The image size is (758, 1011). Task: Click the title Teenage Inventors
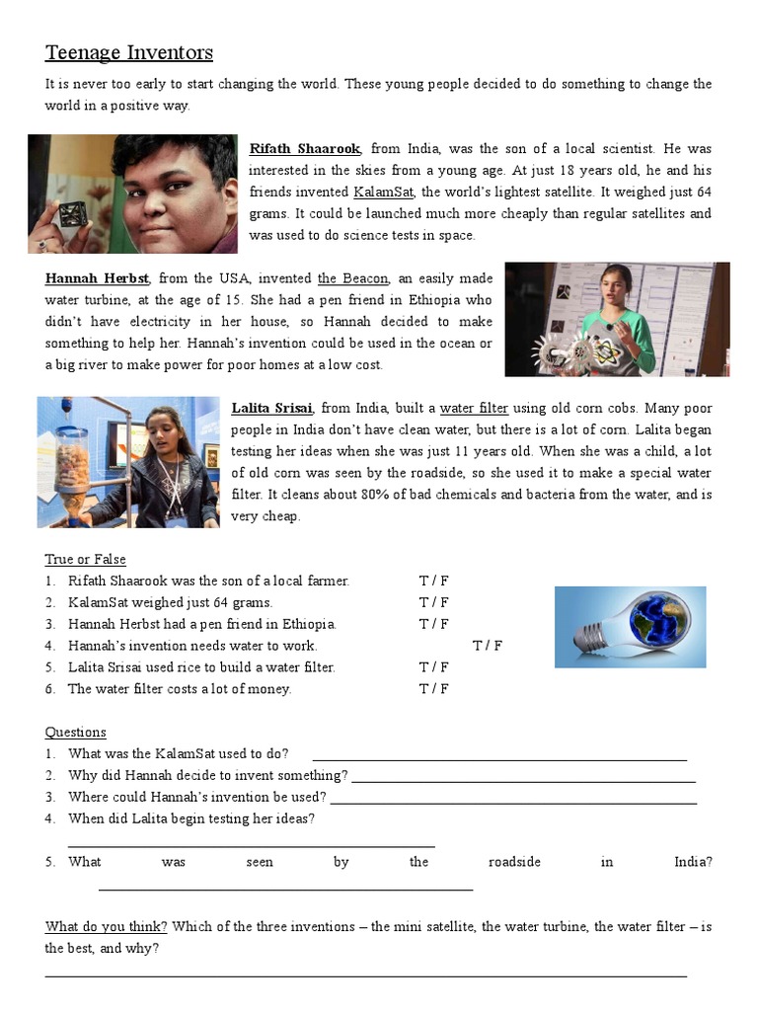128,52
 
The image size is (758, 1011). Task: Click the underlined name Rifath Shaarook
305,149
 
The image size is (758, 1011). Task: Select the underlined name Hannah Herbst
97,279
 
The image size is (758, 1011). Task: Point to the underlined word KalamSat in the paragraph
385,193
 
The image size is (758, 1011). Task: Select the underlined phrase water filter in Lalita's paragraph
474,409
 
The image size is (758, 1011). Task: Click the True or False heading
85,560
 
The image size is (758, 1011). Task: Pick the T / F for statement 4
488,646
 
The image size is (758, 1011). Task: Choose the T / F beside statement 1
433,582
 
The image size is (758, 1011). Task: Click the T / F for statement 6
433,689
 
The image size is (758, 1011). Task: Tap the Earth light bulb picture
630,627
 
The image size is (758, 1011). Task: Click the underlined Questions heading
75,733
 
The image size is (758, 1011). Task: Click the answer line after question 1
498,756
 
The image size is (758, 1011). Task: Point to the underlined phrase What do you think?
106,927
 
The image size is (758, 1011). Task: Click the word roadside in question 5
514,862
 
